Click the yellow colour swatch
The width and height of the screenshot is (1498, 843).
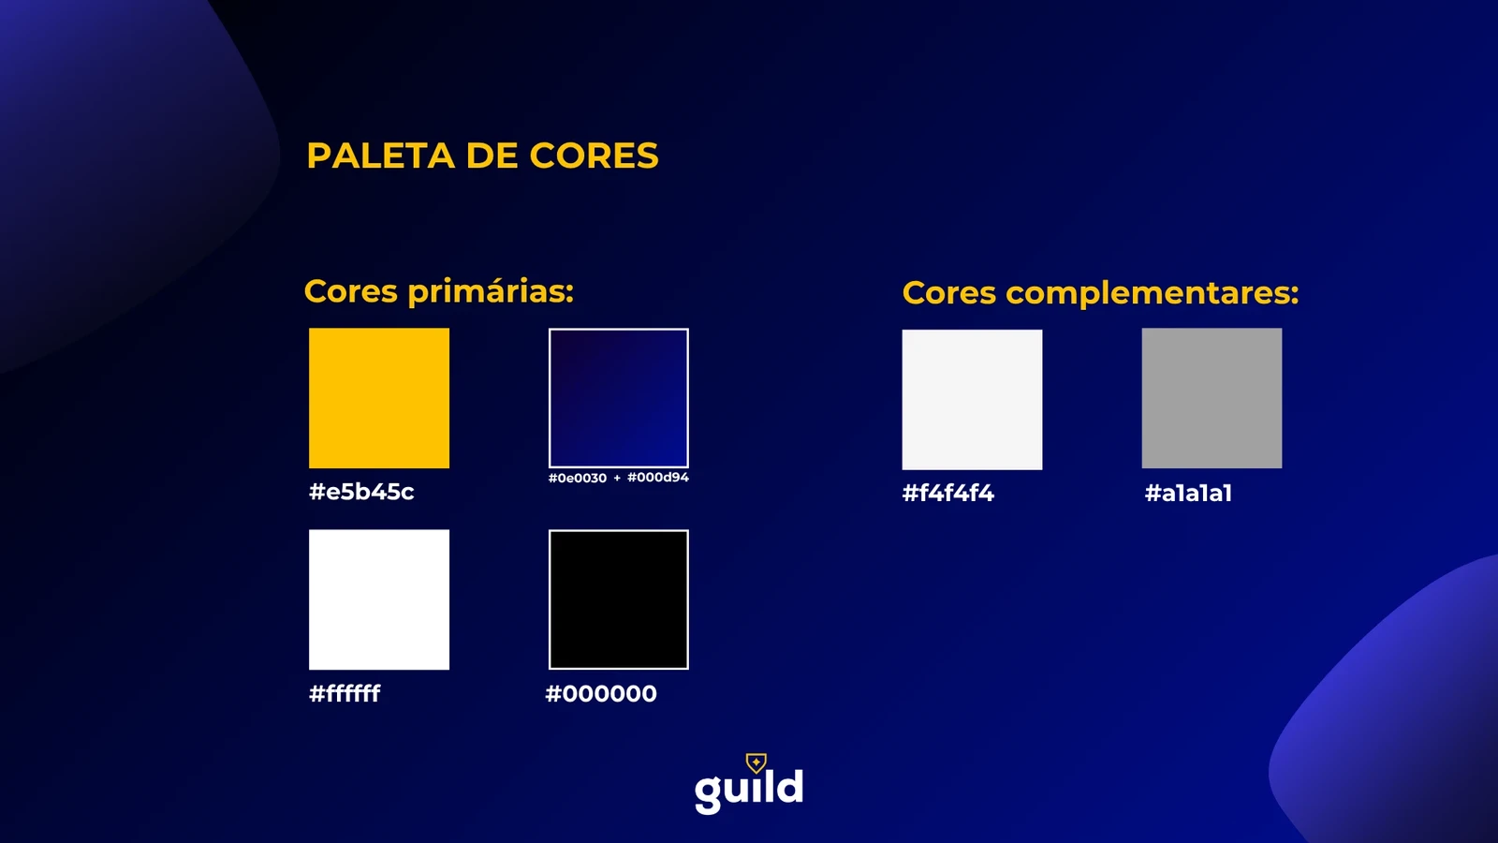[x=379, y=398]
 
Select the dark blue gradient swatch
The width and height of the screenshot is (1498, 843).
[x=619, y=398]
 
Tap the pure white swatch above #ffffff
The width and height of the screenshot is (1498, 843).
[x=379, y=599]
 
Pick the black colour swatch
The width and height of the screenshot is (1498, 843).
[x=619, y=599]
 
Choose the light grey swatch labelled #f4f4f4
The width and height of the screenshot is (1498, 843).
[x=972, y=399]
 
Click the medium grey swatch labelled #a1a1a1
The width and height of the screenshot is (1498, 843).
[x=1212, y=398]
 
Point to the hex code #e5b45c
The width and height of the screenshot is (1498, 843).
[x=361, y=492]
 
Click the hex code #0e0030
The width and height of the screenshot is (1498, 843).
[x=577, y=478]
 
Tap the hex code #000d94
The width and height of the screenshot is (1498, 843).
[x=658, y=477]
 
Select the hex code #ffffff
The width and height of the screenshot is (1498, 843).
[x=345, y=693]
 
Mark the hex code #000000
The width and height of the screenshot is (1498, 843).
[x=601, y=694]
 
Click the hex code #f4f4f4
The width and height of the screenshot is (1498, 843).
[x=948, y=493]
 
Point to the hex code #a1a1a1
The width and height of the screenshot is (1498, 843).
[x=1188, y=493]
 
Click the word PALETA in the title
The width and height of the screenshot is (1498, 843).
[x=380, y=155]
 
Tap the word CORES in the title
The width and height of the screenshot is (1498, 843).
[x=594, y=155]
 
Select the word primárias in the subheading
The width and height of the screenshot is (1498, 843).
[x=491, y=292]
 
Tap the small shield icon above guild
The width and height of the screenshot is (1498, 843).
[x=756, y=762]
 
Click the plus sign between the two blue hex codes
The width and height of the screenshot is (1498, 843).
[x=617, y=478]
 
